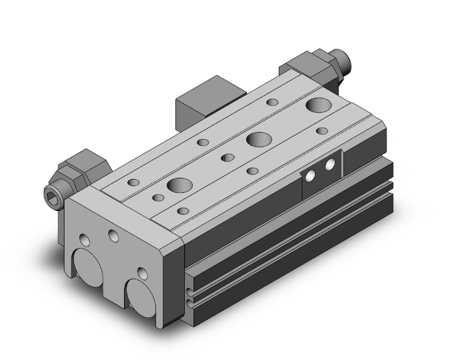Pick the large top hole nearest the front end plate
click(179, 185)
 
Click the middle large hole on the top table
click(257, 140)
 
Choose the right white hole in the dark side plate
click(329, 167)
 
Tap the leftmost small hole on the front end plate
click(85, 239)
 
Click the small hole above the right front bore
click(143, 273)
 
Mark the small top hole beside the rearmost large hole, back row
click(272, 102)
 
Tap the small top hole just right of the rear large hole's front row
click(322, 131)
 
